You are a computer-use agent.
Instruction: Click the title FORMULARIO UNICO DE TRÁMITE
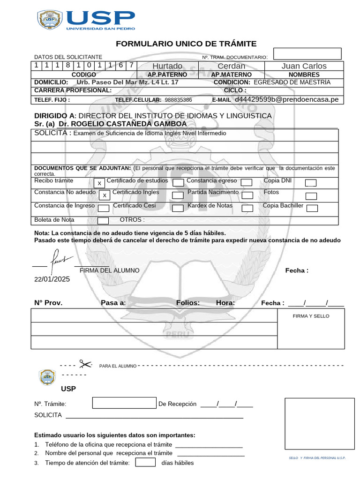point(186,44)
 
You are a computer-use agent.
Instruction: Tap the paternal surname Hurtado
point(167,66)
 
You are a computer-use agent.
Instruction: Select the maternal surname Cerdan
point(231,66)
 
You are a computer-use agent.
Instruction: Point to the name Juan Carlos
point(304,66)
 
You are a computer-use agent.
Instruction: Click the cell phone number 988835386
point(179,100)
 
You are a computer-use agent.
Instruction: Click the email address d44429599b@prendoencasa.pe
point(286,99)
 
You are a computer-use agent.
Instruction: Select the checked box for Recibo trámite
point(99,183)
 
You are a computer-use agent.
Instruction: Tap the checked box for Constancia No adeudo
point(105,195)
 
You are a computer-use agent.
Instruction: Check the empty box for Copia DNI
point(311,183)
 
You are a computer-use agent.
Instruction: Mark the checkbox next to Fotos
point(311,195)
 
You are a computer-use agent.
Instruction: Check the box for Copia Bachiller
point(312,208)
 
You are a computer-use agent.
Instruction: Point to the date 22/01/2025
point(52,279)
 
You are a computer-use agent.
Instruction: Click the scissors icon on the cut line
point(85,364)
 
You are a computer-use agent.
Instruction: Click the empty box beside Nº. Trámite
point(124,403)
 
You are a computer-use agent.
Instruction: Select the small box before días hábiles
point(145,463)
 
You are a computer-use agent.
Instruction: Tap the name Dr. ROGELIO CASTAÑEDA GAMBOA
point(122,124)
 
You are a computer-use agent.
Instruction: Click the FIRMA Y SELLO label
point(311,316)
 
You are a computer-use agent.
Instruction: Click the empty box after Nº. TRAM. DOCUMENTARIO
point(307,54)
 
